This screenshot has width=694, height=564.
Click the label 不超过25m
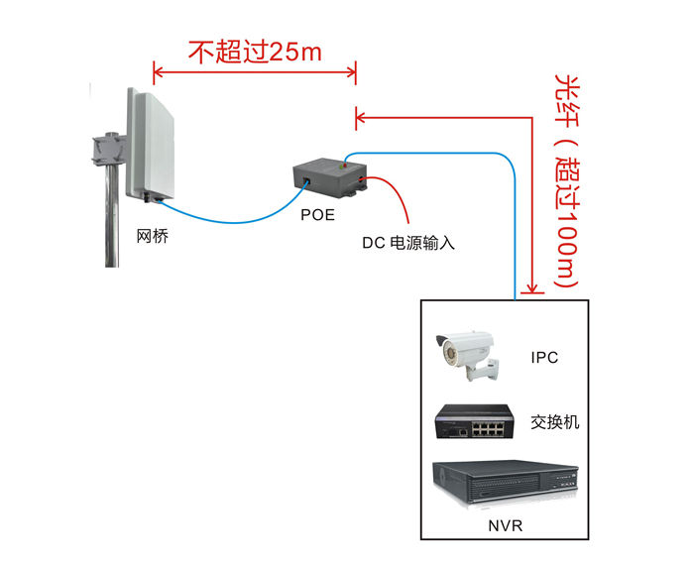[x=255, y=52]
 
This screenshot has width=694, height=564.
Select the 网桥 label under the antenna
[x=152, y=237]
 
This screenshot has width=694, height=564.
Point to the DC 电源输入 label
[x=407, y=241]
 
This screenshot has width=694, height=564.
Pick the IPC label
[x=544, y=357]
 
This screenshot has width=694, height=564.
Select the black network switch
[x=474, y=423]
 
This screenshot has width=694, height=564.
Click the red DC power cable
[x=399, y=198]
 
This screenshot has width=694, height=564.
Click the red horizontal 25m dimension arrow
[x=255, y=71]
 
